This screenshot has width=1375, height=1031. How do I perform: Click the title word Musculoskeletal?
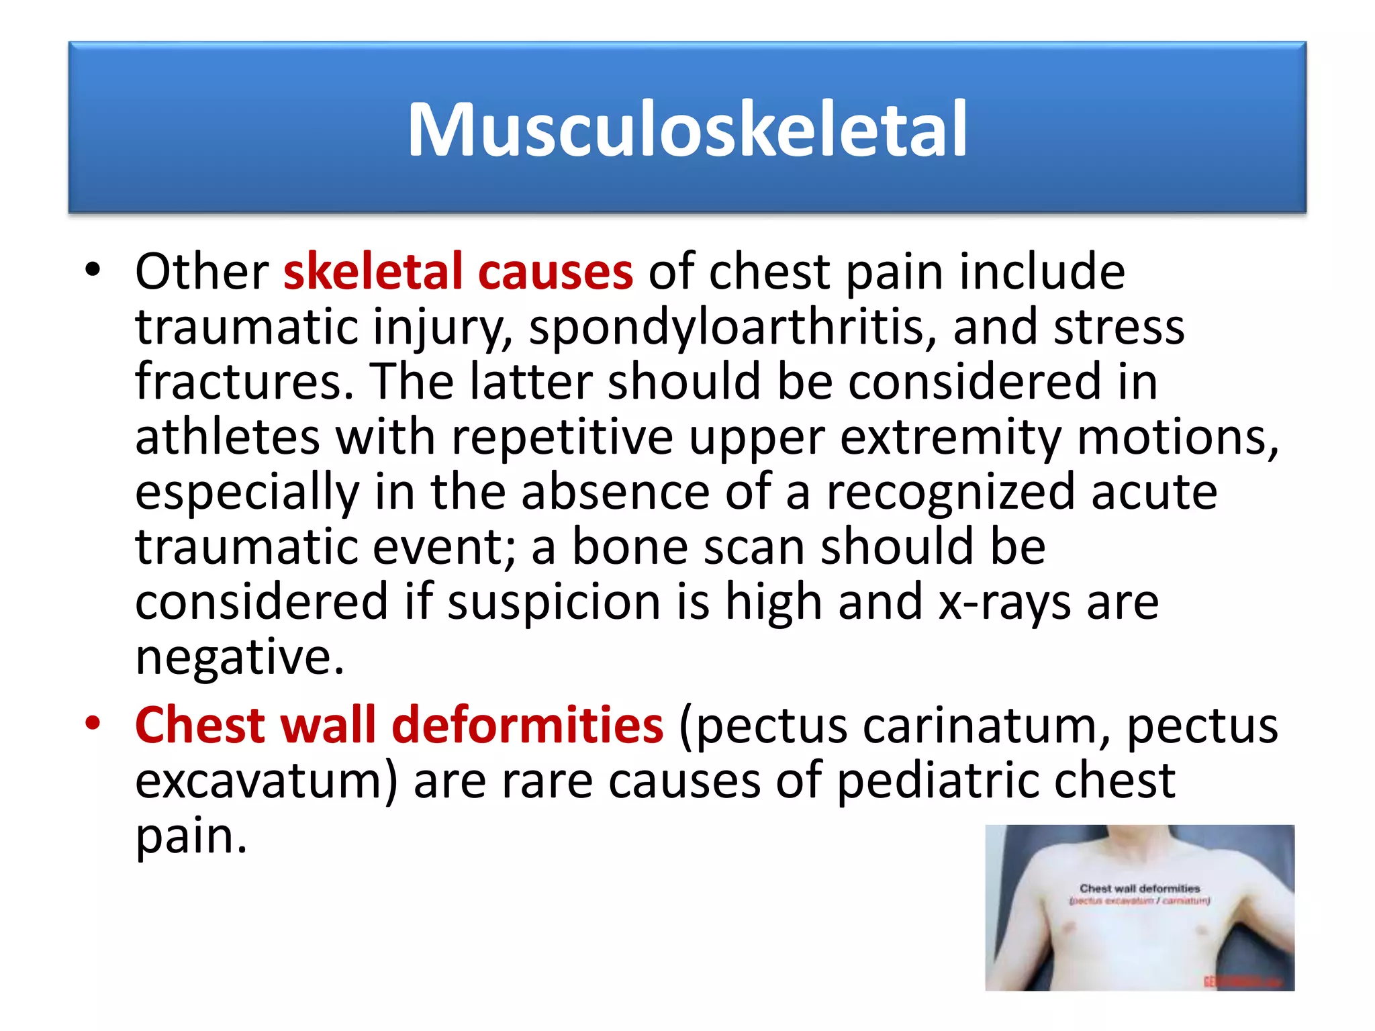(x=687, y=130)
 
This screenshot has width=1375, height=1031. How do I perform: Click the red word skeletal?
(x=373, y=272)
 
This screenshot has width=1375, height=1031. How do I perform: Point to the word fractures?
(x=244, y=382)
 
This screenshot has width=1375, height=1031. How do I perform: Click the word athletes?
(x=227, y=438)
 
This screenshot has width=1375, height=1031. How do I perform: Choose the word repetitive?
(x=562, y=438)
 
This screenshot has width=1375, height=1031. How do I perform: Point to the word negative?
(x=239, y=658)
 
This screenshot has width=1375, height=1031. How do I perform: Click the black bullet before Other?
(x=93, y=271)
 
